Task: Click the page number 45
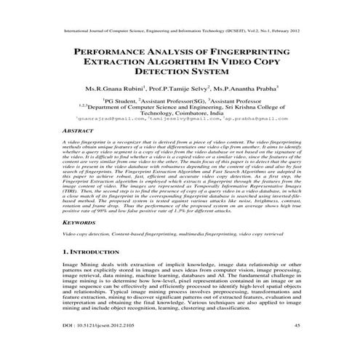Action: click(297, 344)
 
